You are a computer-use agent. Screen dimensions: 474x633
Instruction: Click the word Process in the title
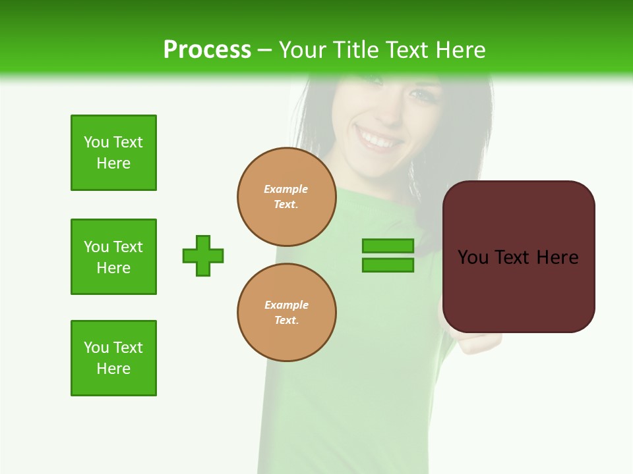(x=207, y=49)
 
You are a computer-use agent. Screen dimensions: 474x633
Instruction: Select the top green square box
(x=113, y=153)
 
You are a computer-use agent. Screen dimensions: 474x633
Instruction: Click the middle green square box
(x=113, y=257)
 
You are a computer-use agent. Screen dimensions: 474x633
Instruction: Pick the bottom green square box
(x=113, y=358)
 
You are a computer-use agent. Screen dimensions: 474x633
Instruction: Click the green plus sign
(x=203, y=255)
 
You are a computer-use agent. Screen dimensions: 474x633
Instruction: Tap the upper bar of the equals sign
(x=388, y=246)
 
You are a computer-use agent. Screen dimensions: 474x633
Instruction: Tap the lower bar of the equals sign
(x=388, y=265)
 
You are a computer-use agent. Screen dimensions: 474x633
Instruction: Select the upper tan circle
(x=287, y=196)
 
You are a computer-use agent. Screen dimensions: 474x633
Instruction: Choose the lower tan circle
(x=287, y=312)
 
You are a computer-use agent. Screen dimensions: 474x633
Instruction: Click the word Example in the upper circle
(x=286, y=189)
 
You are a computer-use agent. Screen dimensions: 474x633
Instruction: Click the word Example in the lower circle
(x=286, y=305)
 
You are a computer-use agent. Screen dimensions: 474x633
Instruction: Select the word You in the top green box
(x=96, y=142)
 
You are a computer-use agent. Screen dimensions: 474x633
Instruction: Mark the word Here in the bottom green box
(x=113, y=369)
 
